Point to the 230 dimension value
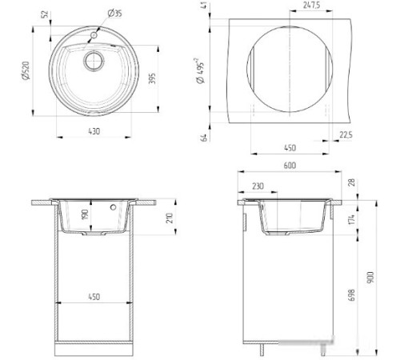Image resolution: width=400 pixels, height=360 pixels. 258,186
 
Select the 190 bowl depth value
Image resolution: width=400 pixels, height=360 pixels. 83,216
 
